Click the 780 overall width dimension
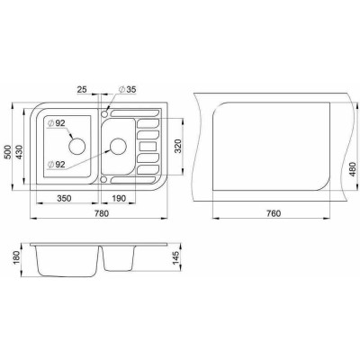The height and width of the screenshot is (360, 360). click(x=102, y=213)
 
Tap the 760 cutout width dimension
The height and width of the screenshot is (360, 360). click(x=274, y=213)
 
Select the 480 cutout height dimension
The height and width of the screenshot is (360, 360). click(x=353, y=169)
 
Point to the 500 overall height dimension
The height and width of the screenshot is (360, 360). click(x=8, y=152)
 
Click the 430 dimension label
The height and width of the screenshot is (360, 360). click(x=19, y=152)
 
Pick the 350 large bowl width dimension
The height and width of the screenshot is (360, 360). click(x=64, y=198)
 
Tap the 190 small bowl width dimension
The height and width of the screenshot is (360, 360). click(x=119, y=198)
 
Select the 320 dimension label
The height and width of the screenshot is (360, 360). click(x=178, y=146)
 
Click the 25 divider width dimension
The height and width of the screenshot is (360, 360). click(x=82, y=89)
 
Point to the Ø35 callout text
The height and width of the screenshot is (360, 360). click(x=127, y=89)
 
